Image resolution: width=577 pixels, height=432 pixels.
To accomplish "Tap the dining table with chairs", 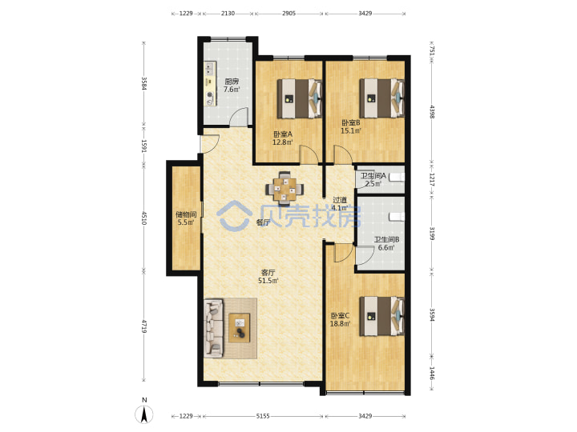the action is click(284, 188).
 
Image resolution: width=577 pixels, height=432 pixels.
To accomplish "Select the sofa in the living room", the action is click(214, 328).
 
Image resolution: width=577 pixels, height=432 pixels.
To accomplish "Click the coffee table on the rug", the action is click(239, 328).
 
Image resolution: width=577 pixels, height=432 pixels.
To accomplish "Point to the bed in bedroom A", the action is click(299, 98).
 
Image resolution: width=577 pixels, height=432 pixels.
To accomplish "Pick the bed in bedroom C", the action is click(382, 316).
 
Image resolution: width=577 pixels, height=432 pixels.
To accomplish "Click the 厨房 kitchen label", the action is click(232, 81).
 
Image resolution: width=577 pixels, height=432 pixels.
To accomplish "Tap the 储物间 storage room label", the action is click(186, 214).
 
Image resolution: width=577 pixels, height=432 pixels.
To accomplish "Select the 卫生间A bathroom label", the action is click(373, 176).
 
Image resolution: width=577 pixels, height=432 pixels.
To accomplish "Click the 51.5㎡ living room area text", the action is click(268, 281).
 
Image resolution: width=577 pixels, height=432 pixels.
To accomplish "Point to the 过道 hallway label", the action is click(340, 200).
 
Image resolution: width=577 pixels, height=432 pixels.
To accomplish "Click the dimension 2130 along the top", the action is click(228, 14).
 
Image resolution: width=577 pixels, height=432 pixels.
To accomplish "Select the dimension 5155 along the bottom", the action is click(263, 416).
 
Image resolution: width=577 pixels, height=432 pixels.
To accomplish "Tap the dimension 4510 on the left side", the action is click(144, 218).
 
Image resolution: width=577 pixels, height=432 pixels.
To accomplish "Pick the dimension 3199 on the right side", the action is click(433, 234).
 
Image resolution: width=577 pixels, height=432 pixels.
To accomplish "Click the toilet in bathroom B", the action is click(397, 217).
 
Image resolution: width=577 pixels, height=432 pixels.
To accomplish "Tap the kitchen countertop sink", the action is click(210, 68).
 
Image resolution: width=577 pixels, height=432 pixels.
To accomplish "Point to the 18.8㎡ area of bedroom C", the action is click(340, 324).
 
